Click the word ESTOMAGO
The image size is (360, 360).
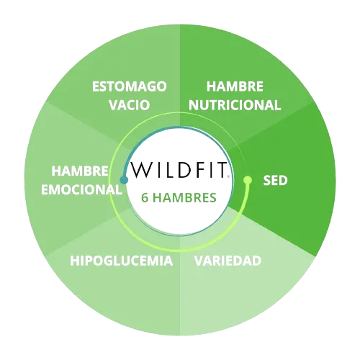click(130, 86)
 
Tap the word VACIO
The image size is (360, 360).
click(130, 105)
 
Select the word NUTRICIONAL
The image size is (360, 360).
click(235, 105)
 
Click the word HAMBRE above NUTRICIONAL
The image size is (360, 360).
click(235, 86)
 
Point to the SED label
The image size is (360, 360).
click(275, 180)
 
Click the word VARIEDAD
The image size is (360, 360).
click(228, 261)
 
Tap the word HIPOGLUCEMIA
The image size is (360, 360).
click(122, 261)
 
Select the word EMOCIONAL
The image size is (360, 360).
click(81, 189)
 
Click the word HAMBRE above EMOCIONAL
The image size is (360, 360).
click(80, 171)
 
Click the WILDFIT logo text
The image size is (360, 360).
click(179, 170)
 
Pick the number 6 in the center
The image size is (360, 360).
click(145, 198)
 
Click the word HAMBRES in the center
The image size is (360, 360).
click(184, 198)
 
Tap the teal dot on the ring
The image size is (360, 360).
click(124, 180)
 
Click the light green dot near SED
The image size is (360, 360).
click(248, 179)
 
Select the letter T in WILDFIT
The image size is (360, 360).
click(220, 170)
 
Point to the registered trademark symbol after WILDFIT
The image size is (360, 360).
click(229, 176)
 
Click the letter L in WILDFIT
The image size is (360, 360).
click(171, 170)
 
